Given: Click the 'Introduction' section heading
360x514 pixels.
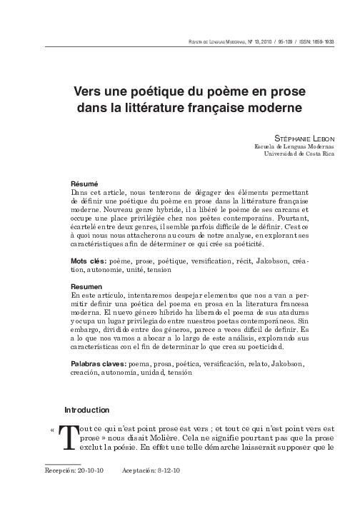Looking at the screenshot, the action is (87, 410).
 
